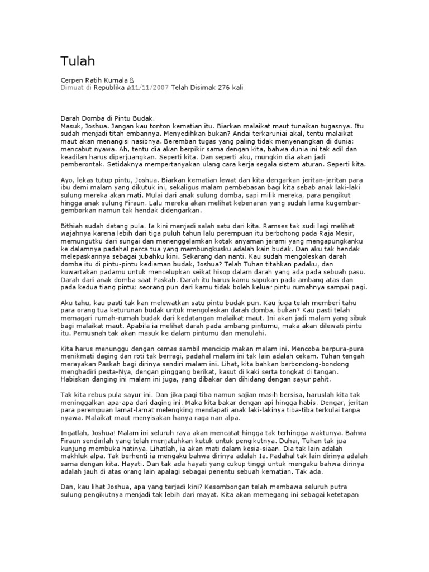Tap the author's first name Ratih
(94, 80)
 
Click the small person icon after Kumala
(132, 80)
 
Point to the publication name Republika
(109, 88)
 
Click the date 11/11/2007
(150, 88)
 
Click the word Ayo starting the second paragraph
(66, 182)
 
